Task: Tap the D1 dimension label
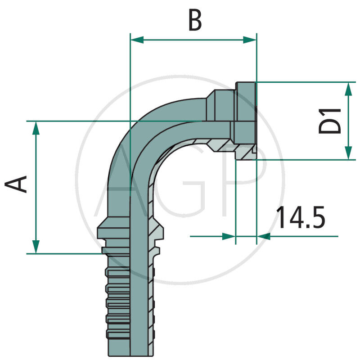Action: (x=330, y=120)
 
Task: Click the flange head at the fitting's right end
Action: (x=245, y=121)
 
